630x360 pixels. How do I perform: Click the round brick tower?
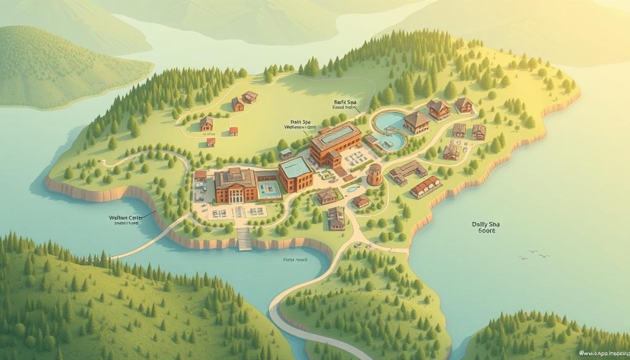(x=374, y=175)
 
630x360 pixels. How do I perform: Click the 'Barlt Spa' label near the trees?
(x=346, y=103)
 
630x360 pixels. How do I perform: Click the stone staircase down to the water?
(x=244, y=238)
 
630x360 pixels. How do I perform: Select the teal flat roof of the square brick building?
(x=295, y=167)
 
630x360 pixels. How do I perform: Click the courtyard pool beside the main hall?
(x=268, y=189)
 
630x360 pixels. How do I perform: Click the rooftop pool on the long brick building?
(x=336, y=134)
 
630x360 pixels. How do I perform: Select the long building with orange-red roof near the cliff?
(x=425, y=186)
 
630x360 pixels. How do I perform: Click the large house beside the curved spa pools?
(x=417, y=122)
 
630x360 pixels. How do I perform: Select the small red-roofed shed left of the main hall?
(x=201, y=176)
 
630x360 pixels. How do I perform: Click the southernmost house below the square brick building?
(x=336, y=218)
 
